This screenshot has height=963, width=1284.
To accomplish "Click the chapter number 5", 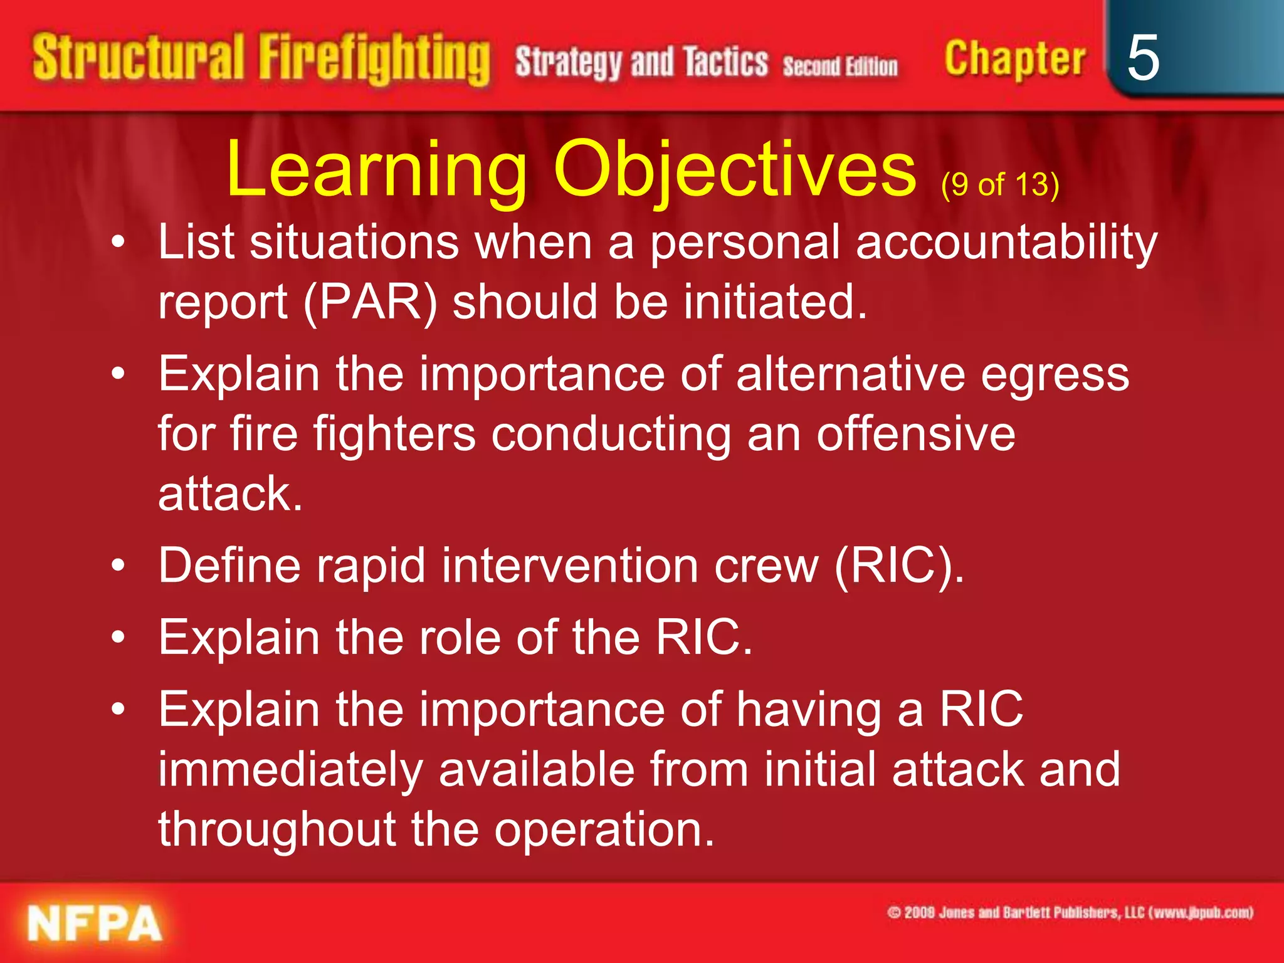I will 1142,58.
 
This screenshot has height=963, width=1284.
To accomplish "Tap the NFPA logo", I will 95,924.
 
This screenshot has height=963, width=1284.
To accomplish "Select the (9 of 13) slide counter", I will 999,185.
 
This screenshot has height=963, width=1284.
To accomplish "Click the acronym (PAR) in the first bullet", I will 370,303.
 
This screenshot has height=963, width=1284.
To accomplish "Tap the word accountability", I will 1006,243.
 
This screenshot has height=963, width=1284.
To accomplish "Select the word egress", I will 1055,374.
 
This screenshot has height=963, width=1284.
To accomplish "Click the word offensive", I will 915,434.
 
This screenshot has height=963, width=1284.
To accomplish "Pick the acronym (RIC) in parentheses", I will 898,566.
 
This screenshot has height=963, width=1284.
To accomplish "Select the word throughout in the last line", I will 276,829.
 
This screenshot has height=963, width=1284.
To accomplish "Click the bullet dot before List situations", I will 118,243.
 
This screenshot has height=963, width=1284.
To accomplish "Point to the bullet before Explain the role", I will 118,638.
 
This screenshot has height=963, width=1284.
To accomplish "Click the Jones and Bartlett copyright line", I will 1070,912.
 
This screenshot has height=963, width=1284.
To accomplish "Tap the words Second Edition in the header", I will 840,66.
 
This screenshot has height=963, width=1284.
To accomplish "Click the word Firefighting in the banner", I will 374,58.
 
